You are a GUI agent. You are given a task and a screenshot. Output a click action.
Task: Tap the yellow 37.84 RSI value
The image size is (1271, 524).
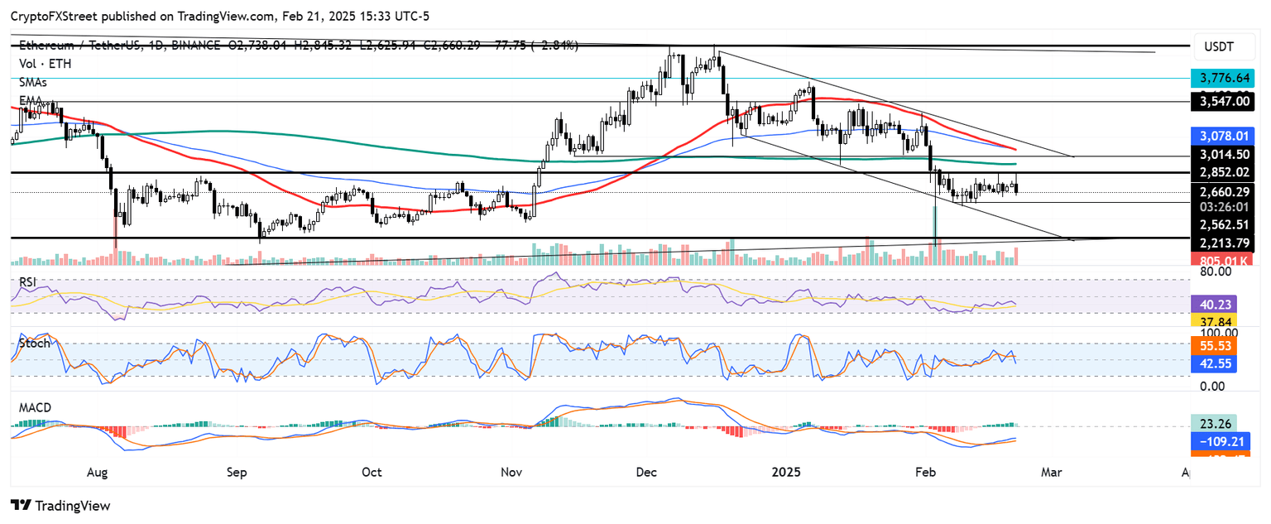pyautogui.click(x=1212, y=321)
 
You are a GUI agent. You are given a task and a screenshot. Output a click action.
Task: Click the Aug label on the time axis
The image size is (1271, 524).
pyautogui.click(x=98, y=472)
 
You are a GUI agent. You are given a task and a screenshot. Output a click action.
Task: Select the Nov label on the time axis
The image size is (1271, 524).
pyautogui.click(x=511, y=472)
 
